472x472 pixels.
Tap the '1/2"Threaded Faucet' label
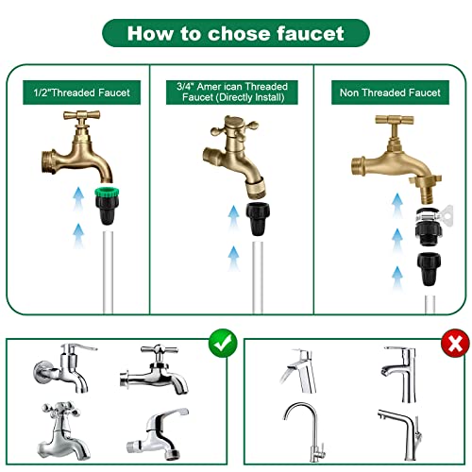click(82, 93)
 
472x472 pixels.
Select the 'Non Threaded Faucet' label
click(390, 93)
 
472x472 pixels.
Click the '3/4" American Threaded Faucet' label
click(232, 92)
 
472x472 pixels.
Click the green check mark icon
click(223, 343)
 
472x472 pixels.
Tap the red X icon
click(455, 343)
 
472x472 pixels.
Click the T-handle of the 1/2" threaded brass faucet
click(81, 115)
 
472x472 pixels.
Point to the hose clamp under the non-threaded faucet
click(430, 216)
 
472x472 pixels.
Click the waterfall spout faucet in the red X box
click(298, 371)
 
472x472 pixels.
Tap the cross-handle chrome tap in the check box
click(62, 430)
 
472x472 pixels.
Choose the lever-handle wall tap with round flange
click(64, 368)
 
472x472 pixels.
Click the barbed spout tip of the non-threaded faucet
click(427, 195)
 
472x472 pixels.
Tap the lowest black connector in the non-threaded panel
click(429, 268)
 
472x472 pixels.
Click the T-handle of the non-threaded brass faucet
click(395, 120)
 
